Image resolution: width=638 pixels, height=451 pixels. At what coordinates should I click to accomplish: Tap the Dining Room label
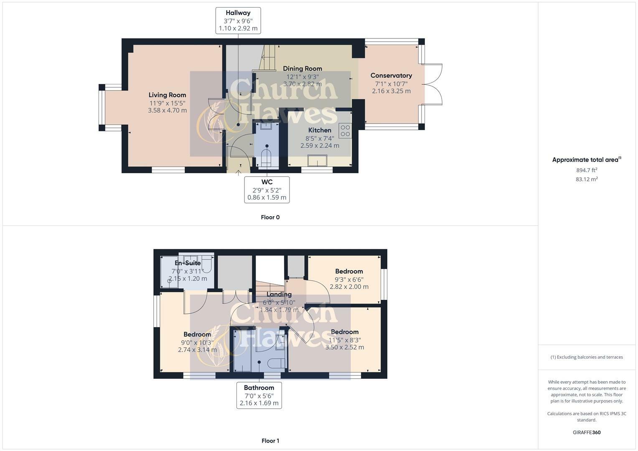pyautogui.click(x=302, y=69)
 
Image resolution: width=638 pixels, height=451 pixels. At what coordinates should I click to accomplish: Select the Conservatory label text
pyautogui.click(x=391, y=76)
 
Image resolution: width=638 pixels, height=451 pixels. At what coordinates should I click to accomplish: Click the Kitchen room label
pyautogui.click(x=320, y=130)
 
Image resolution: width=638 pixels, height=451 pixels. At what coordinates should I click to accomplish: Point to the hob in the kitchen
pyautogui.click(x=345, y=131)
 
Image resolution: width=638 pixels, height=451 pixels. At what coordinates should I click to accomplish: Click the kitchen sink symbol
pyautogui.click(x=317, y=160)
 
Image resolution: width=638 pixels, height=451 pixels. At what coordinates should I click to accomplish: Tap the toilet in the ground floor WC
pyautogui.click(x=266, y=158)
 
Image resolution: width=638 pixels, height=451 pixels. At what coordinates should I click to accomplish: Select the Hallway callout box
pyautogui.click(x=238, y=20)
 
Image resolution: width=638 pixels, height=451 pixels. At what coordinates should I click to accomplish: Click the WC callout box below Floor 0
pyautogui.click(x=267, y=190)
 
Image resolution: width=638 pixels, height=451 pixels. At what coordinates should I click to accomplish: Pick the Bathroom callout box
pyautogui.click(x=259, y=395)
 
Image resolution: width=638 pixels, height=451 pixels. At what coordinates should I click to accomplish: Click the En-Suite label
pyautogui.click(x=188, y=263)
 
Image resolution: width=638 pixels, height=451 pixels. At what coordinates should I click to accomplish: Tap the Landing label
pyautogui.click(x=279, y=294)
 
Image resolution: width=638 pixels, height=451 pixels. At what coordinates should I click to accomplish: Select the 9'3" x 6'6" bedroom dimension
pyautogui.click(x=349, y=279)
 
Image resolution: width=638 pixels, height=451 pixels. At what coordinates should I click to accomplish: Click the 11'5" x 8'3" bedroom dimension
pyautogui.click(x=345, y=340)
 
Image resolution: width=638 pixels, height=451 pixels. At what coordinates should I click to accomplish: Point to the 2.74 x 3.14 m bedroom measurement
pyautogui.click(x=197, y=350)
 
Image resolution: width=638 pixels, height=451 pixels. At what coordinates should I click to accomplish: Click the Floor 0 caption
pyautogui.click(x=270, y=217)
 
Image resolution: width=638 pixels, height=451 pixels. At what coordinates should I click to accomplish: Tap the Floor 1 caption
pyautogui.click(x=270, y=441)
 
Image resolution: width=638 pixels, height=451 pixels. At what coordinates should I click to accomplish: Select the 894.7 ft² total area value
pyautogui.click(x=587, y=170)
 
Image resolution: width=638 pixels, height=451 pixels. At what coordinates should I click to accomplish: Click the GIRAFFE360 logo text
pyautogui.click(x=587, y=432)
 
